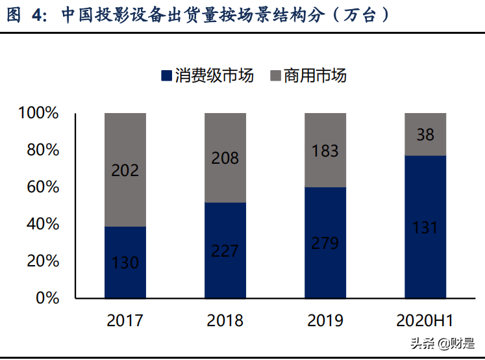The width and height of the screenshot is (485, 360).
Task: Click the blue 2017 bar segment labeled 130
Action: (x=125, y=263)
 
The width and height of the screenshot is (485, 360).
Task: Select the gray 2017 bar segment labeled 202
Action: (x=125, y=170)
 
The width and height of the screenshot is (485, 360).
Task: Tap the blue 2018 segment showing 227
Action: (x=225, y=250)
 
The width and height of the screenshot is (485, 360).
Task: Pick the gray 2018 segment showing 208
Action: (x=225, y=158)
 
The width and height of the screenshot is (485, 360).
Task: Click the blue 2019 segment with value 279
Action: (x=325, y=243)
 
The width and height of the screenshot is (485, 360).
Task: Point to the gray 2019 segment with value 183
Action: (x=325, y=150)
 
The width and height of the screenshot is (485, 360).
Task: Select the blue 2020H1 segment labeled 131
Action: (x=425, y=227)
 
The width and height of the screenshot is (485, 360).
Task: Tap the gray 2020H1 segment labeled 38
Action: (x=425, y=135)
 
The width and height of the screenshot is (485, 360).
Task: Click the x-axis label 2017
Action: (x=125, y=320)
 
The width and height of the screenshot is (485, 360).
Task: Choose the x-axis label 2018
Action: (x=225, y=320)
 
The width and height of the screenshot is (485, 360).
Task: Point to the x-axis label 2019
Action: (x=325, y=320)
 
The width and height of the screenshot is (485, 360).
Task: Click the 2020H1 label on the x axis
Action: (x=425, y=320)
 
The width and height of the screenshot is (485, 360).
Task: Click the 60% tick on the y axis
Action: (x=43, y=187)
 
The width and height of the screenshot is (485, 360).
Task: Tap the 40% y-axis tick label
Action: (x=43, y=224)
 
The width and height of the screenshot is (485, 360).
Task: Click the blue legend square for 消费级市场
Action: (x=166, y=76)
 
